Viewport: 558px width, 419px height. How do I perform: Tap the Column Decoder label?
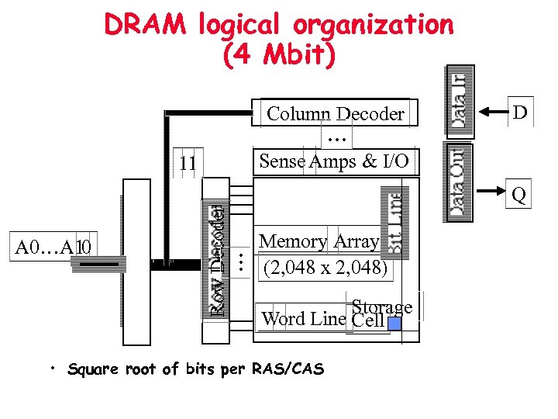tap(336, 114)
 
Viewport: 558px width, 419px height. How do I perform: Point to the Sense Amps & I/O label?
tap(336, 161)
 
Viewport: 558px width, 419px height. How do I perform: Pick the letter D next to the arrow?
tap(520, 113)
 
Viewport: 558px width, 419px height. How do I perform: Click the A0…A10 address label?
tap(55, 248)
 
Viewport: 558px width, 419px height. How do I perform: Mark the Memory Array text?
tap(319, 241)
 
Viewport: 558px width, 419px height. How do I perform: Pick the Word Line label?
tap(304, 319)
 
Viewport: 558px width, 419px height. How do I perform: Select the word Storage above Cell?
tap(381, 307)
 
